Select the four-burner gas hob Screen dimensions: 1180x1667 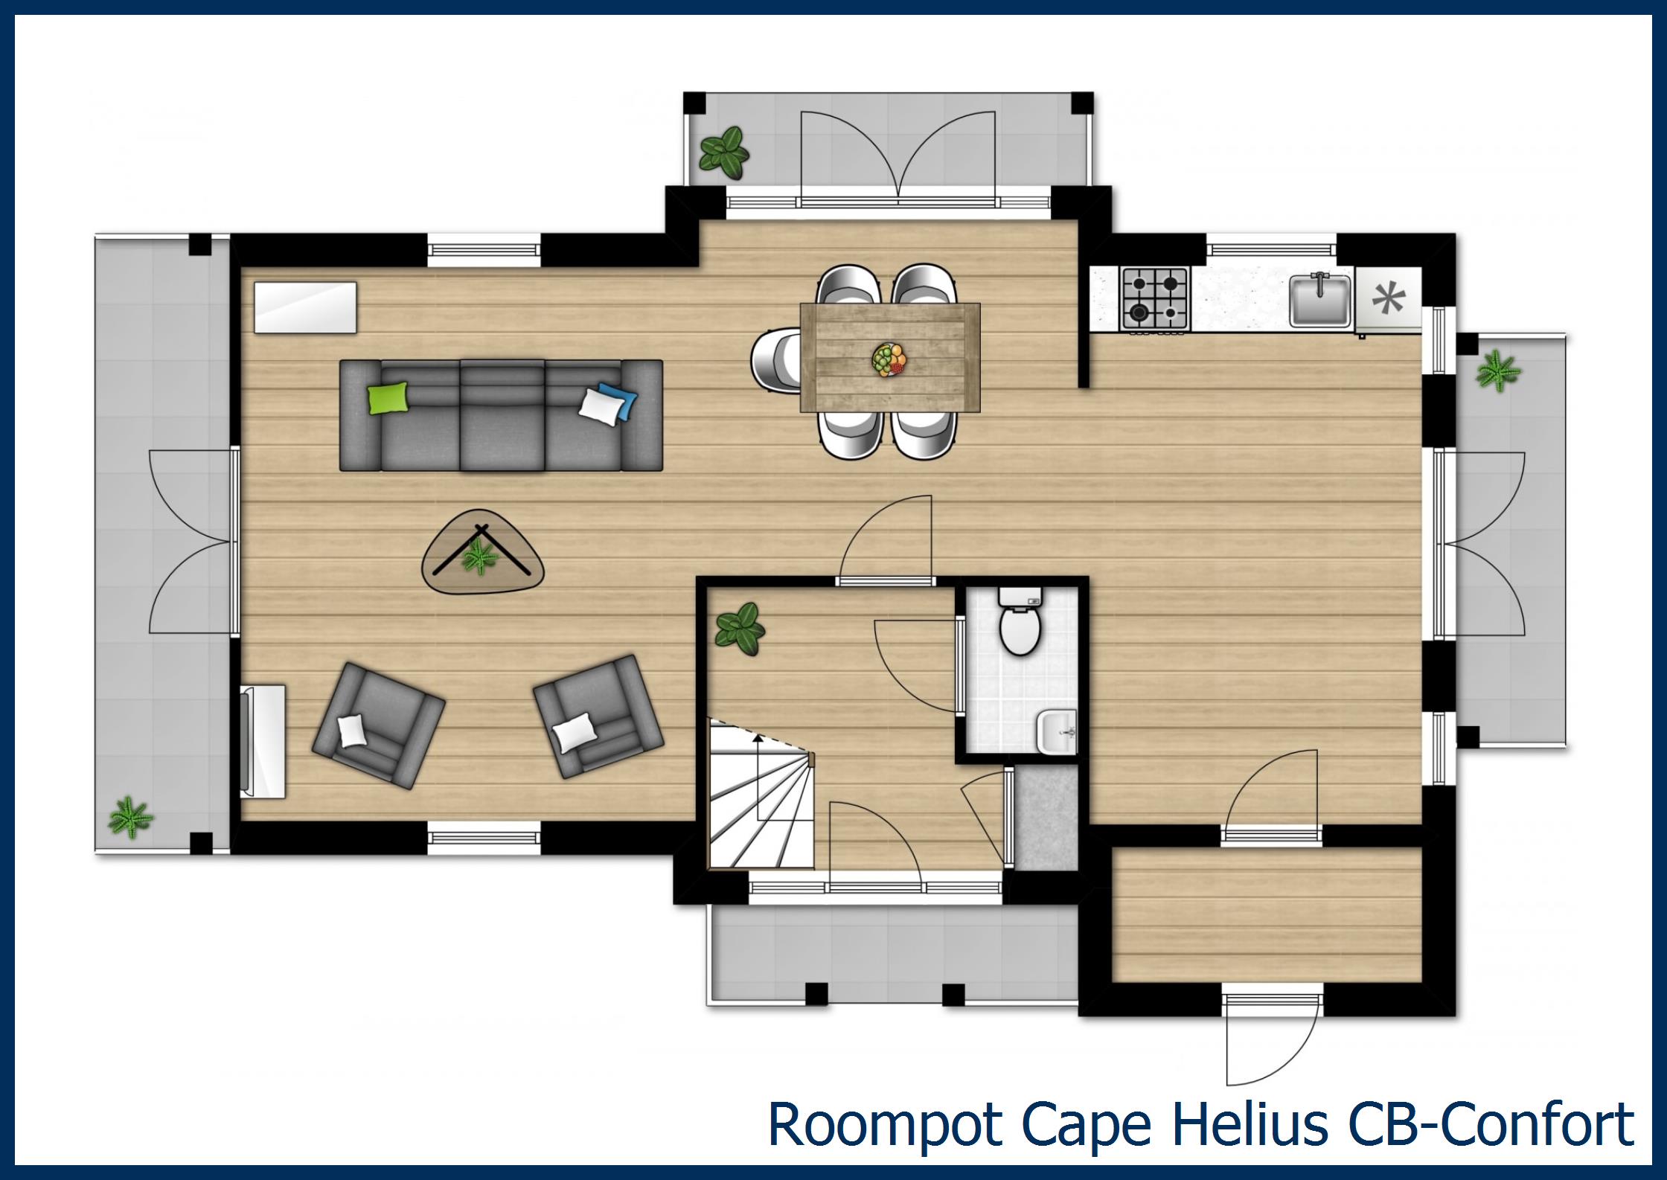1155,298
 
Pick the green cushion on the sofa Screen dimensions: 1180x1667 389,397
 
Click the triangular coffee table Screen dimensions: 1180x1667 482,552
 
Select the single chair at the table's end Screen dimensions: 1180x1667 775,359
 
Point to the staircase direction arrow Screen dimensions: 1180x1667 758,774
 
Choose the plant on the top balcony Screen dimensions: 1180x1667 723,153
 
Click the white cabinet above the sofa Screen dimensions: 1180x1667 305,307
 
